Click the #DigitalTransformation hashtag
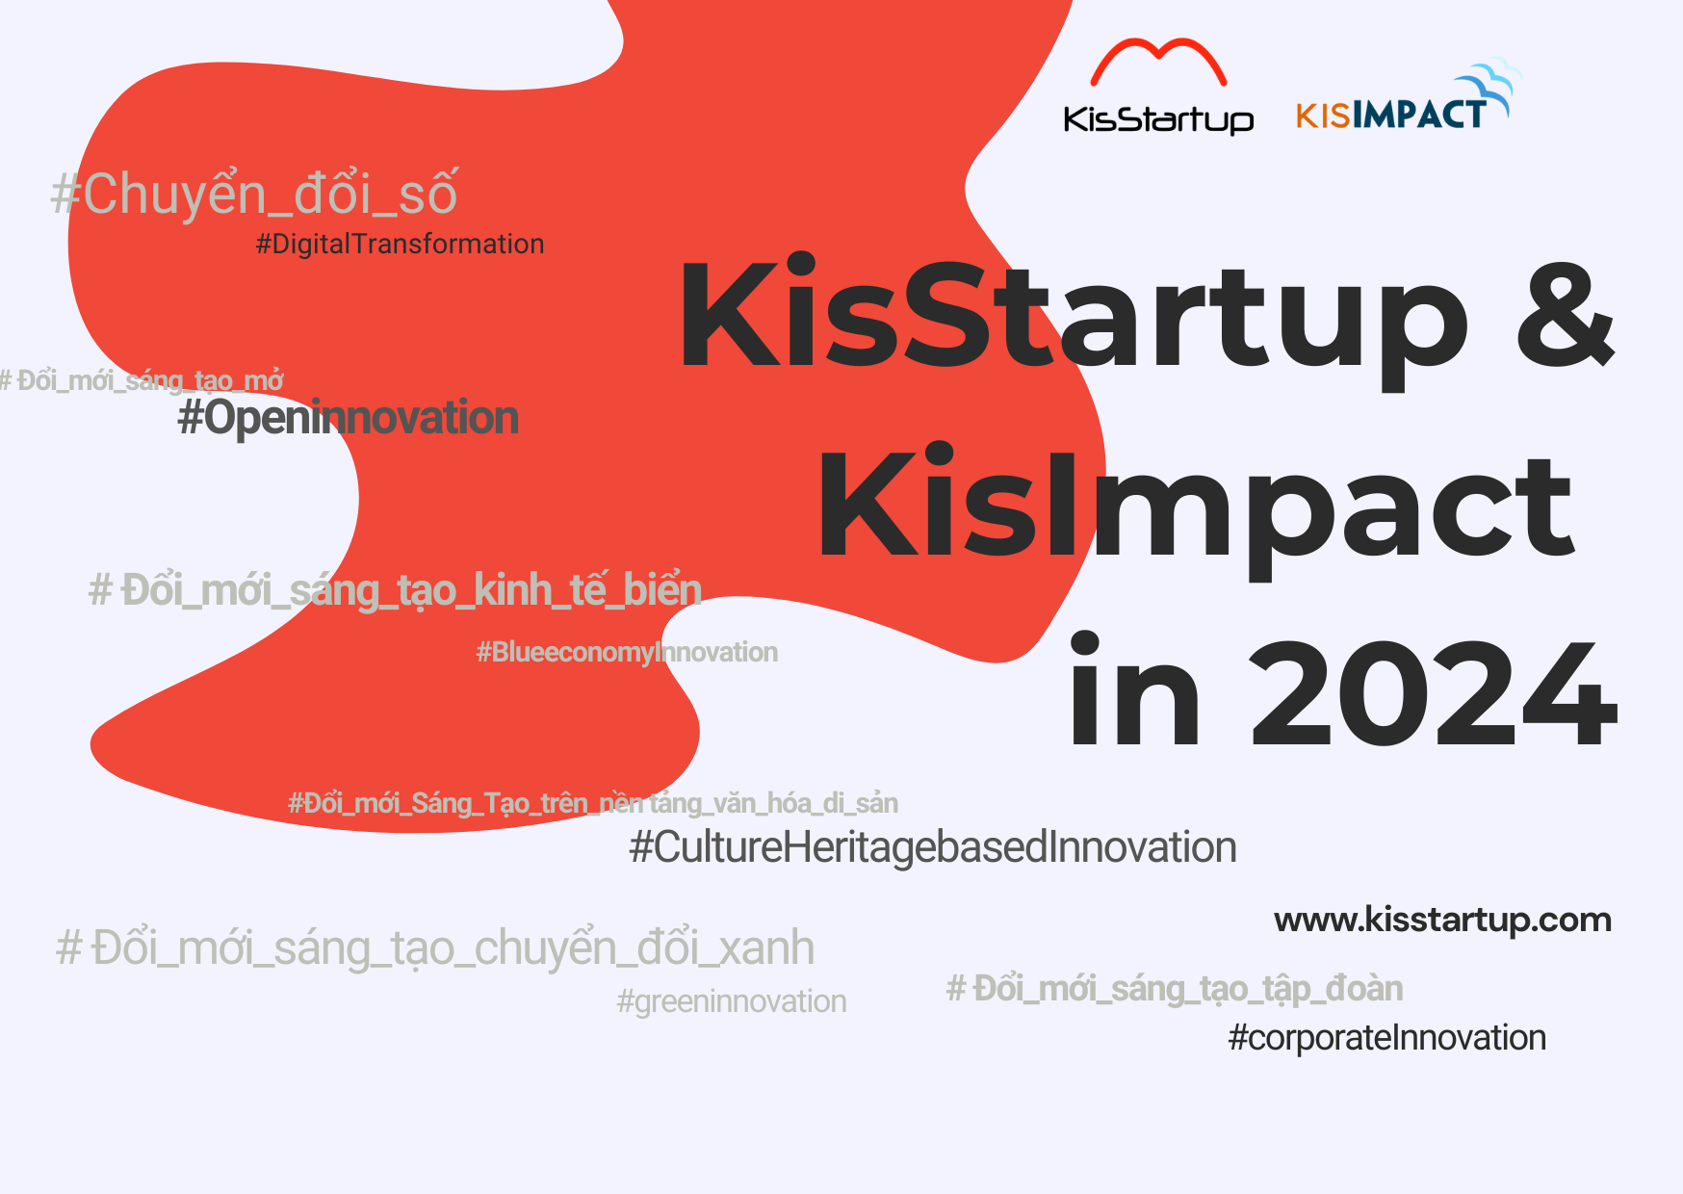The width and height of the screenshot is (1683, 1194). pyautogui.click(x=400, y=245)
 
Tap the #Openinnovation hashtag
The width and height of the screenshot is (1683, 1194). pyautogui.click(x=349, y=418)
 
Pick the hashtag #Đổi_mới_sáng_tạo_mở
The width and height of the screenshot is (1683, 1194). pyautogui.click(x=142, y=380)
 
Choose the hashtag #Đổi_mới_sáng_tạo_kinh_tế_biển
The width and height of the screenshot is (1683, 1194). pyautogui.click(x=395, y=589)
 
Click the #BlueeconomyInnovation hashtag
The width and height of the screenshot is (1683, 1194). pyautogui.click(x=627, y=652)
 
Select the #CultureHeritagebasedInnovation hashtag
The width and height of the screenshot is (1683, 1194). pyautogui.click(x=933, y=847)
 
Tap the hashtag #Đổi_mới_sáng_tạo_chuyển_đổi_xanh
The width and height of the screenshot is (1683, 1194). pyautogui.click(x=435, y=947)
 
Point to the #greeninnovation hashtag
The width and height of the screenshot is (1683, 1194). pyautogui.click(x=732, y=1001)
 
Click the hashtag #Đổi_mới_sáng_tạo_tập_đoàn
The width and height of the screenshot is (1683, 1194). pyautogui.click(x=1175, y=989)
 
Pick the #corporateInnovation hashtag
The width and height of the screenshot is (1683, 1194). pyautogui.click(x=1387, y=1038)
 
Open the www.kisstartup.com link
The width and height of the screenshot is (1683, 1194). pyautogui.click(x=1442, y=921)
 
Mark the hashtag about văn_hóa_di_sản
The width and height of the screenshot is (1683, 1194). pyautogui.click(x=593, y=803)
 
